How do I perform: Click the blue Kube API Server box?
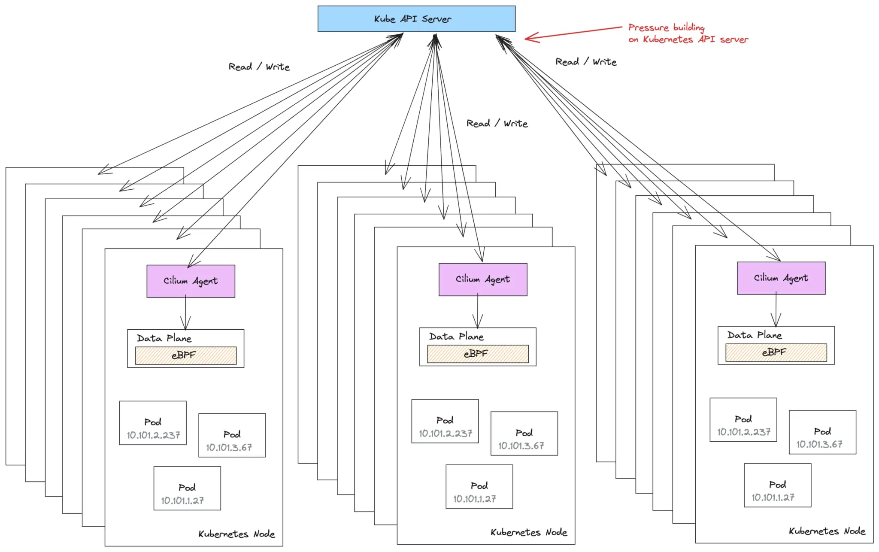[416, 19]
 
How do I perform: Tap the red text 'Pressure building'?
[666, 27]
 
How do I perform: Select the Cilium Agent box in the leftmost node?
[191, 281]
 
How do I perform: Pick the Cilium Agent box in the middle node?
[483, 279]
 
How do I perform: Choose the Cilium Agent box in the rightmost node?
[781, 278]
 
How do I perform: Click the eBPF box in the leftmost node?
[185, 355]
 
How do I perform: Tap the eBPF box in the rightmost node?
[776, 352]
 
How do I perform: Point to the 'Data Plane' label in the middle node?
[456, 337]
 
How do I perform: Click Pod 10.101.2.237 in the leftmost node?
[153, 423]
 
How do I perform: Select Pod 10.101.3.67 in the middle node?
[524, 434]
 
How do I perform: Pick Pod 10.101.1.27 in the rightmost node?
[777, 485]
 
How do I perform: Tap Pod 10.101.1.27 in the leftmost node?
[187, 488]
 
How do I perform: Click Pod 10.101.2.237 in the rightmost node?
[743, 420]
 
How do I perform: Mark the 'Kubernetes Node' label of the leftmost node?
[236, 534]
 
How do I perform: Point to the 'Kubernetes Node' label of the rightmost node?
[827, 531]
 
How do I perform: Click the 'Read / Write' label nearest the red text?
[586, 62]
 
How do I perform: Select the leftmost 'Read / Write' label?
[259, 67]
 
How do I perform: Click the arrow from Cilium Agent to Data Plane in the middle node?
[478, 311]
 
